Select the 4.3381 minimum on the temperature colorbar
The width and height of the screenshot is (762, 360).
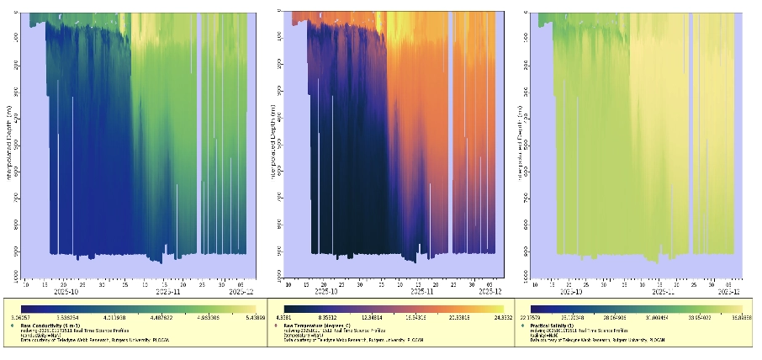point(292,317)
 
